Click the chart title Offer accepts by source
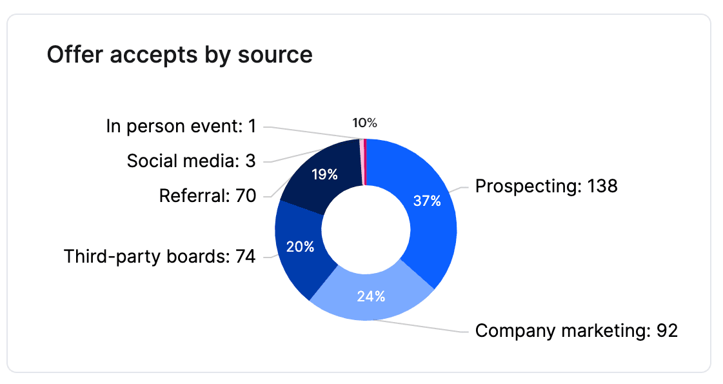[179, 55]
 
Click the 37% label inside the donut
[427, 201]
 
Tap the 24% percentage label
[371, 296]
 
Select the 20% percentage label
[300, 247]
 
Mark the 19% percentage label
[324, 174]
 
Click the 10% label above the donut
[364, 123]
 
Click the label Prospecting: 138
[546, 187]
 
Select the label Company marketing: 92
[577, 331]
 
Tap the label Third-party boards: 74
[159, 257]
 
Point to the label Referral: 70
[207, 195]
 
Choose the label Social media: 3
[191, 161]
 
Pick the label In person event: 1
[181, 126]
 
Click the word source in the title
[275, 55]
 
